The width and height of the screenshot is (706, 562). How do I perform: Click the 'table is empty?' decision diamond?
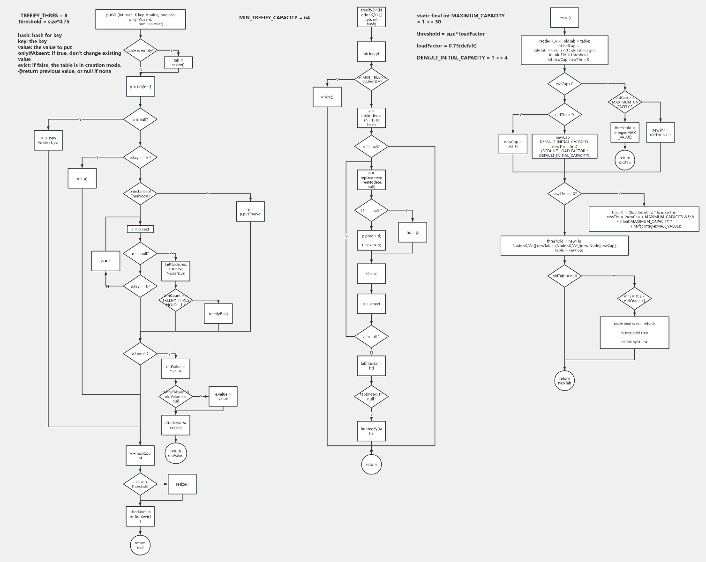point(140,50)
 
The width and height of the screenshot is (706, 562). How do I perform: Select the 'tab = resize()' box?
point(178,62)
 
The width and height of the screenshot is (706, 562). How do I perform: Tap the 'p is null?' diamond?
point(140,119)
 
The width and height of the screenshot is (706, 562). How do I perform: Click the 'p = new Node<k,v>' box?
point(48,140)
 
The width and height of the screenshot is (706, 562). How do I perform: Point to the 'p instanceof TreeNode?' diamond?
point(140,193)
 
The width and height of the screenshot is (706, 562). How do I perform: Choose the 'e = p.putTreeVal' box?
point(251,212)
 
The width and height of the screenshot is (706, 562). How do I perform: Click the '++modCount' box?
point(140,456)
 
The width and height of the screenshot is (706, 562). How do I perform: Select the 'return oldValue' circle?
point(176,453)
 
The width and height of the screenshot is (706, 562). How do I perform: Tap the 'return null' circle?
point(140,545)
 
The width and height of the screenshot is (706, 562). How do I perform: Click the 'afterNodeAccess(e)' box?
point(176,425)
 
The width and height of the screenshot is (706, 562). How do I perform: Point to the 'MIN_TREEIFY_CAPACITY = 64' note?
point(274,18)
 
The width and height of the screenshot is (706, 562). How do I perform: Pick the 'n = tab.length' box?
point(371,52)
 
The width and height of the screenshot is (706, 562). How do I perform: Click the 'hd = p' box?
point(413,232)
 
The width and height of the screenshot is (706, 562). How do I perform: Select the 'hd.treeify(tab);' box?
point(371,431)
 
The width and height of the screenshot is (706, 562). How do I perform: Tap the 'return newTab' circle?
point(564,381)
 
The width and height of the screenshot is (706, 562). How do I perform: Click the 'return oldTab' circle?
point(625,160)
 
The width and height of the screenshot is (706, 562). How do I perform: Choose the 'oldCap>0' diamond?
point(564,84)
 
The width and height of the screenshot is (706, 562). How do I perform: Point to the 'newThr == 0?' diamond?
point(564,193)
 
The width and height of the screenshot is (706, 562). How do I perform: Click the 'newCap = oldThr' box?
point(513,144)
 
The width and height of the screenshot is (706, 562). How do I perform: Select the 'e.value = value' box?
point(223,397)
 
